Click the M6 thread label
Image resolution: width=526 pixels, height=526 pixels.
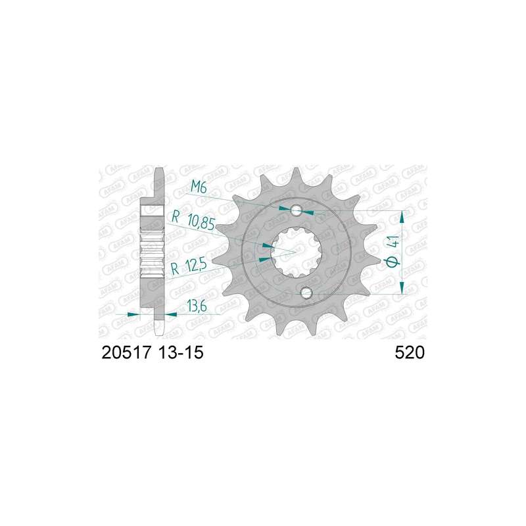(199, 187)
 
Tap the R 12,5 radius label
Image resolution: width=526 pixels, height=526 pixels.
(188, 268)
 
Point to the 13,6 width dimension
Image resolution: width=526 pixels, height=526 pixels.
(196, 306)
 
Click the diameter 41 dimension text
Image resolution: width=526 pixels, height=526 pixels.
(393, 251)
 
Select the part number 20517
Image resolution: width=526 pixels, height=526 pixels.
(126, 353)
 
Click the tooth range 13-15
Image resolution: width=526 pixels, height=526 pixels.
(180, 353)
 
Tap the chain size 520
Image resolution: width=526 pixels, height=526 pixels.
(410, 353)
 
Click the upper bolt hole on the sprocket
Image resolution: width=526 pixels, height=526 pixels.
(297, 210)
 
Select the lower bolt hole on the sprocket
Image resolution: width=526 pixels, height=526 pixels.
(306, 293)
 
